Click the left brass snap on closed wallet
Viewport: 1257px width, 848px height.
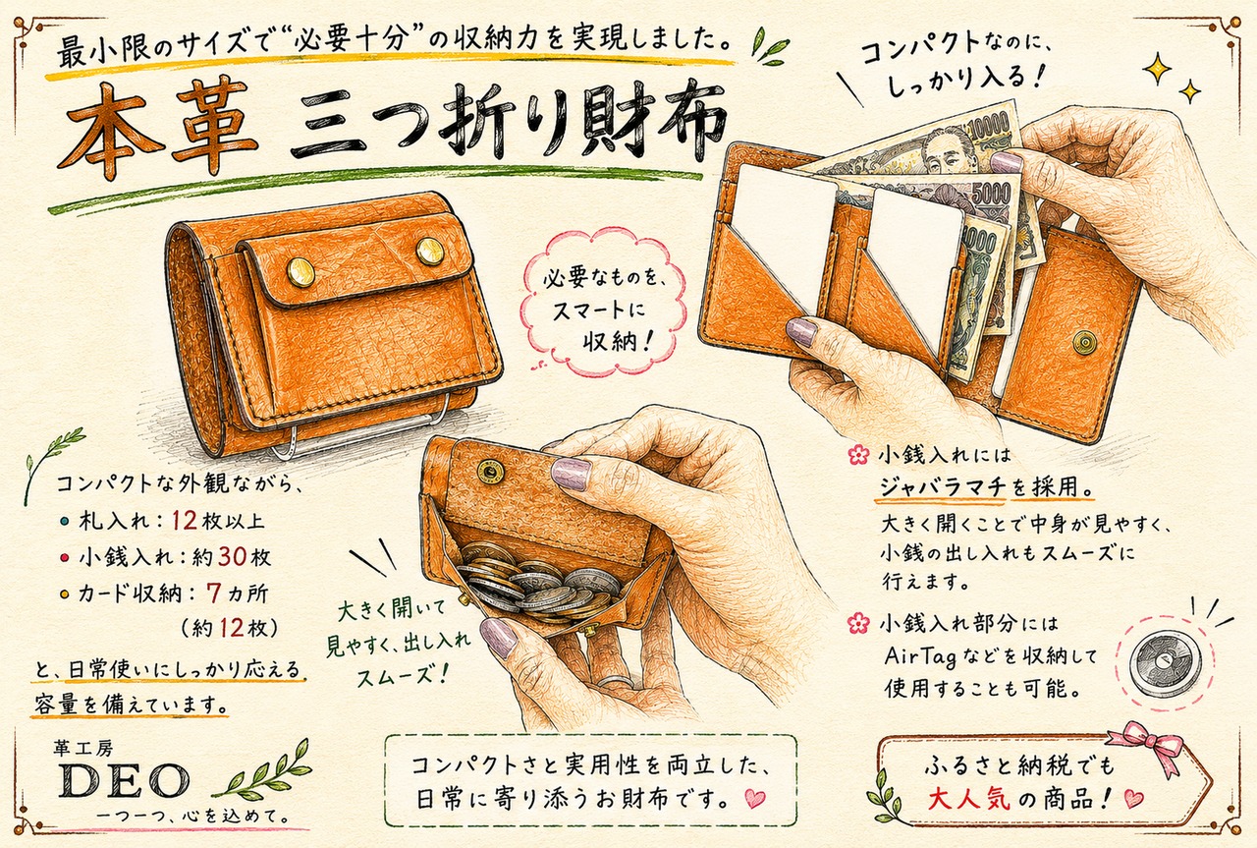coord(301,272)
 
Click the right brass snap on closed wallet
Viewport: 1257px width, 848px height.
coord(430,251)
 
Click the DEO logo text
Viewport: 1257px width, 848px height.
coord(125,780)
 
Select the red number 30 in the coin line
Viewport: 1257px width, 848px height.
coord(232,556)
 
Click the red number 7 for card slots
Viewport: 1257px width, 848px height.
coord(213,594)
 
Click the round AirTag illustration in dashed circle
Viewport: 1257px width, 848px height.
coord(1165,665)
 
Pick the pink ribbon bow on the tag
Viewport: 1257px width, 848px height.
coord(1146,744)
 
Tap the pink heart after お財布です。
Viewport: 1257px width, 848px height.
coord(755,798)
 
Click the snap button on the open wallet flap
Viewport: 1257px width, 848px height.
coord(1084,342)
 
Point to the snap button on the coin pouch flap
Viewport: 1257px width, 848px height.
coord(490,471)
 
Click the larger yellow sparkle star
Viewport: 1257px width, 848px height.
coord(1157,68)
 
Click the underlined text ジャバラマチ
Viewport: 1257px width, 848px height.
coord(942,486)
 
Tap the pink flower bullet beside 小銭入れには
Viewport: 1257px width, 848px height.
coord(858,454)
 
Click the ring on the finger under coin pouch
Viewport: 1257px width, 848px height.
coord(616,682)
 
